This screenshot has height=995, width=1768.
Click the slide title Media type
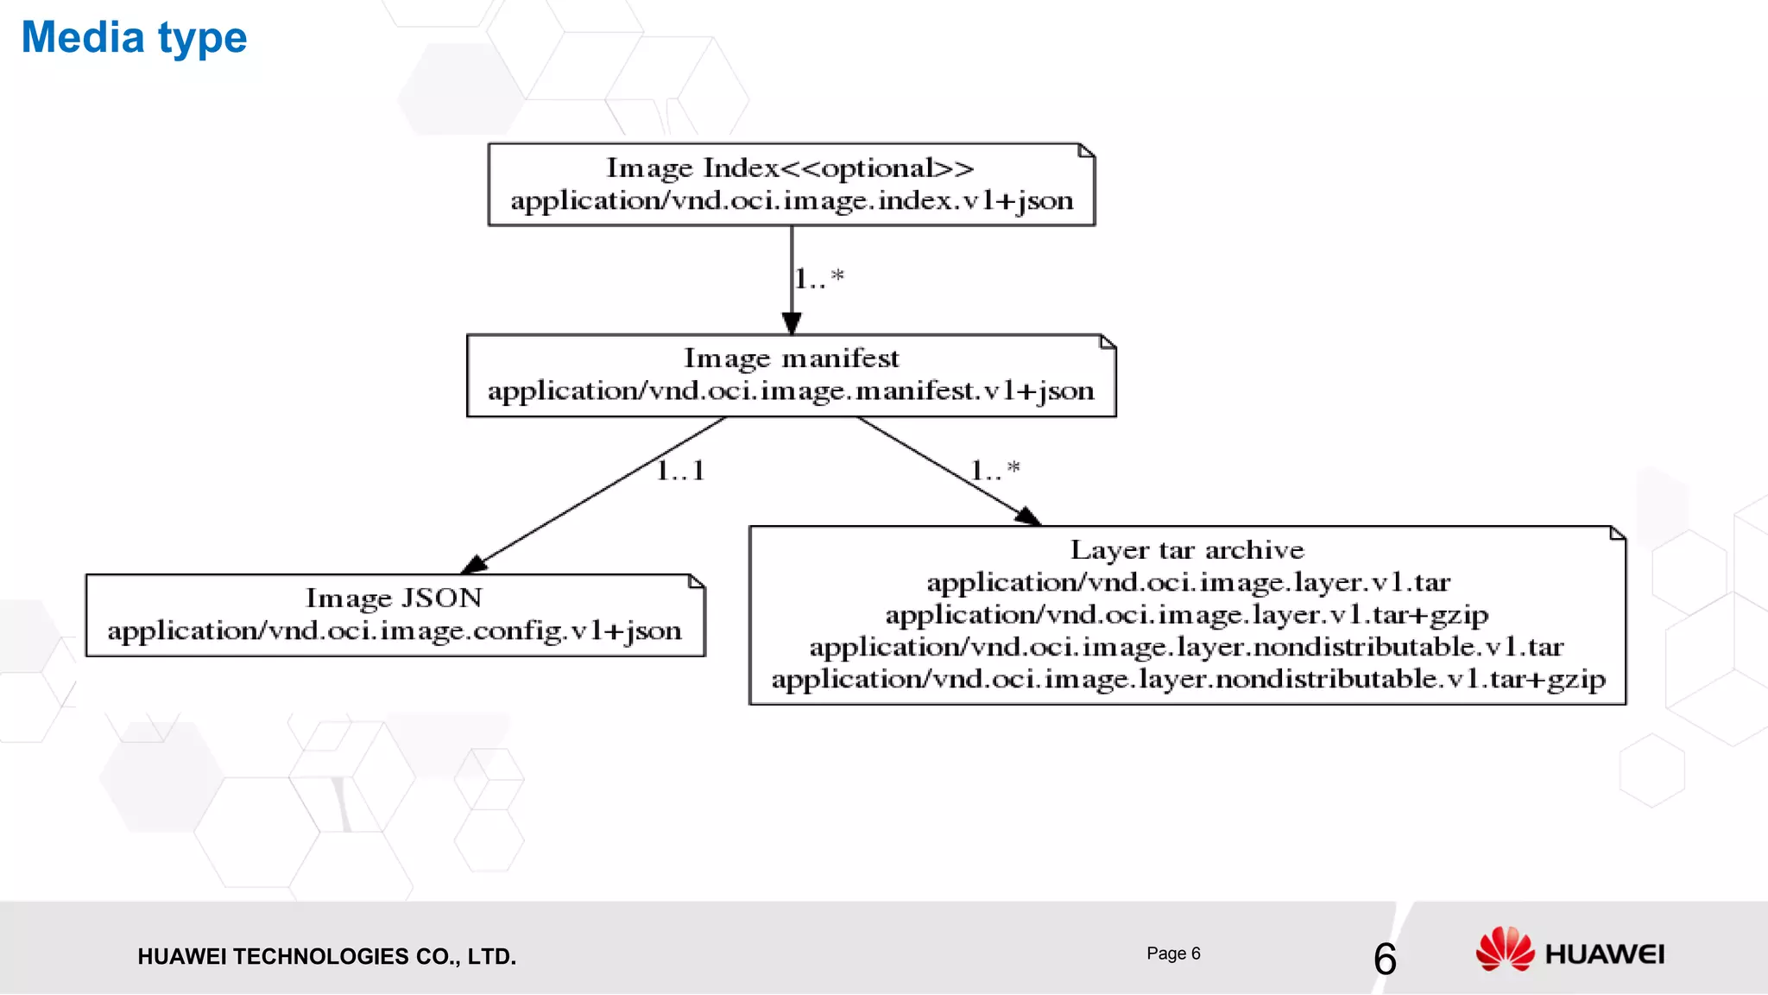point(134,38)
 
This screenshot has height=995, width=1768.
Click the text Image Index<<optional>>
point(790,168)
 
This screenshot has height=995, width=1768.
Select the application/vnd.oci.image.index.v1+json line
point(792,200)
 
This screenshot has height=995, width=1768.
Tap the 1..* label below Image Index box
point(818,278)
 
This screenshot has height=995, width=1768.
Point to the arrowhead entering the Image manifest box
point(792,324)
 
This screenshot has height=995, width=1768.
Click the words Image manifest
point(791,358)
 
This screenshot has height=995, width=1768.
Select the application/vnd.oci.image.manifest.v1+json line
point(791,390)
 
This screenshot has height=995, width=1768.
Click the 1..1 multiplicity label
point(680,471)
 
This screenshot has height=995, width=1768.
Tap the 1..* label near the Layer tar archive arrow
point(994,471)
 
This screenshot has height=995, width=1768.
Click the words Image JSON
point(394,598)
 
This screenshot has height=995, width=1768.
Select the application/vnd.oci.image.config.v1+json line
point(395,631)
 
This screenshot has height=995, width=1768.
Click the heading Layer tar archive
point(1187,549)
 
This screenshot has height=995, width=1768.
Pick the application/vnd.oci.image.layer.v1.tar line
point(1188,582)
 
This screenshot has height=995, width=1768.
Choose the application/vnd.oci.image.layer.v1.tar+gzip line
point(1187,614)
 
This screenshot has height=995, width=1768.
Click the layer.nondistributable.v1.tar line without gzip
point(1186,647)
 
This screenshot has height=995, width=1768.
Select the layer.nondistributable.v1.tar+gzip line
point(1188,679)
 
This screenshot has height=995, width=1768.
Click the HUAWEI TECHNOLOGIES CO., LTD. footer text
point(326,956)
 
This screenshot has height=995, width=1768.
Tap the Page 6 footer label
point(1173,954)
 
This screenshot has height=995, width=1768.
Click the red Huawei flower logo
point(1505,949)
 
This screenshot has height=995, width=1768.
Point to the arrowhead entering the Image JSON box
point(475,565)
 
